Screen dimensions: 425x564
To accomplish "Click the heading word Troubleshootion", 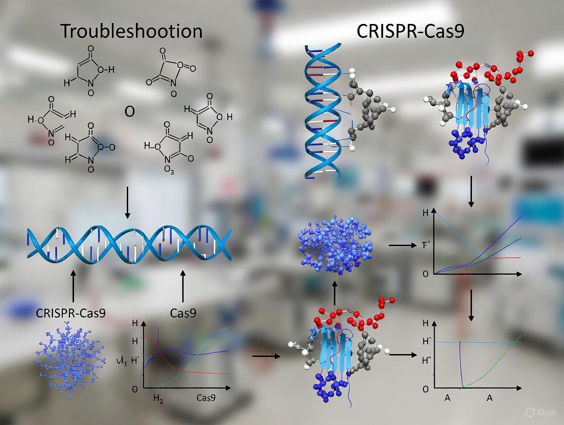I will point(132,32).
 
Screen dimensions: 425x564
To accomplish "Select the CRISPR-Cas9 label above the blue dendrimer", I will point(71,313).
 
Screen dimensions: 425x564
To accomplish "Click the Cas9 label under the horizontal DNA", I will point(183,313).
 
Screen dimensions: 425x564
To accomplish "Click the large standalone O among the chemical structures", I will point(129,112).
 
